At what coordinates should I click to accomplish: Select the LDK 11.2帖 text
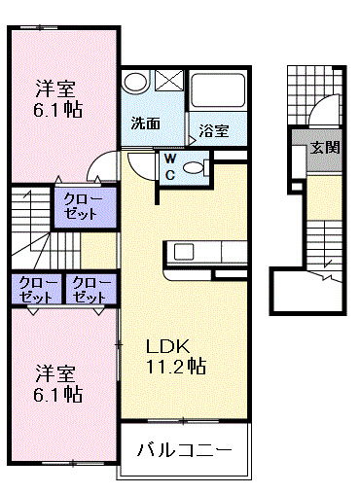[175, 356]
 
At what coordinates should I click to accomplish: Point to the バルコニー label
[184, 450]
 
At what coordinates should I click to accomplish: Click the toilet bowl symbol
[195, 167]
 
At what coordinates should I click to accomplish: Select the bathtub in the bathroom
[218, 92]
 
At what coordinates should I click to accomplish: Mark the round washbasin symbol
[137, 83]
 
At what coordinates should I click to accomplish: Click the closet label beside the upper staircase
[80, 206]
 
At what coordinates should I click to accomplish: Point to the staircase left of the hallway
[31, 226]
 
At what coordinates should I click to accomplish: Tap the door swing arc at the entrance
[324, 110]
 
